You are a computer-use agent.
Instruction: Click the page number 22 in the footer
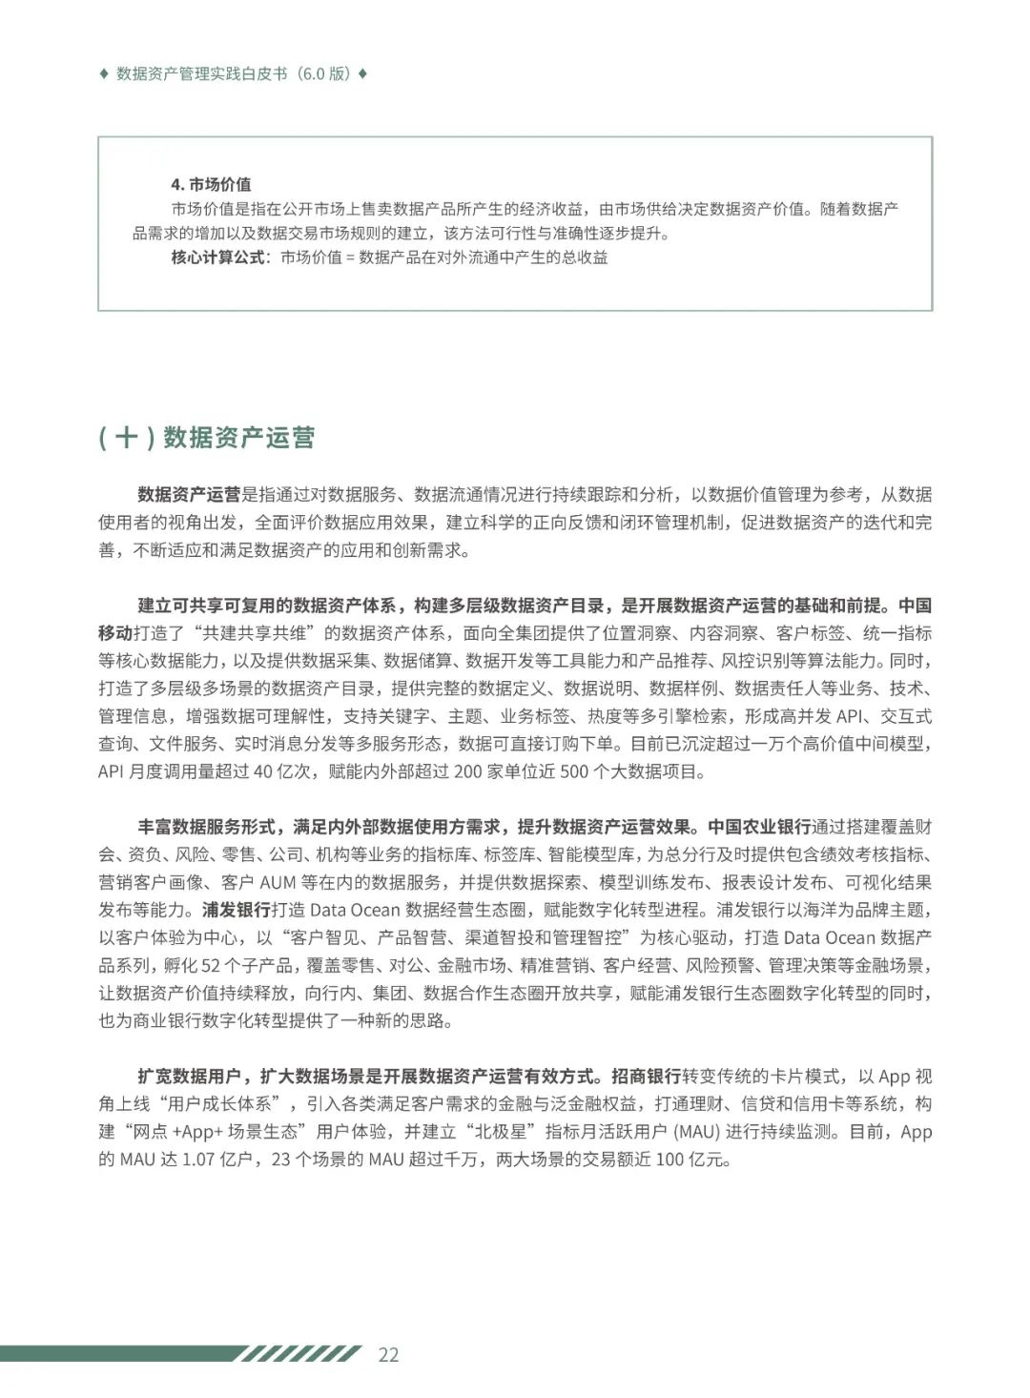click(x=388, y=1355)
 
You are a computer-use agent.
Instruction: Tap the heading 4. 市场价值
click(x=211, y=184)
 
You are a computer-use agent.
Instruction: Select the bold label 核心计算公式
click(x=218, y=257)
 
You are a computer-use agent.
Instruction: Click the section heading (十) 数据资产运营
click(x=206, y=438)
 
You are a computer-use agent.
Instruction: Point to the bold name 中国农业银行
click(x=759, y=827)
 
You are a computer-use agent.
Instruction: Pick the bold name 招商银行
click(x=646, y=1077)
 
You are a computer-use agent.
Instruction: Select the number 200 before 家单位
click(x=467, y=771)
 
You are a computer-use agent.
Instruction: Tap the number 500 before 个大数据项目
click(x=573, y=771)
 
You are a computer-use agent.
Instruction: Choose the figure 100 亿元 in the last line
click(x=693, y=1161)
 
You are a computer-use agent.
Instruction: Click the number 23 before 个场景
click(x=281, y=1161)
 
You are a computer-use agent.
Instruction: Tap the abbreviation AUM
click(x=278, y=883)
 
